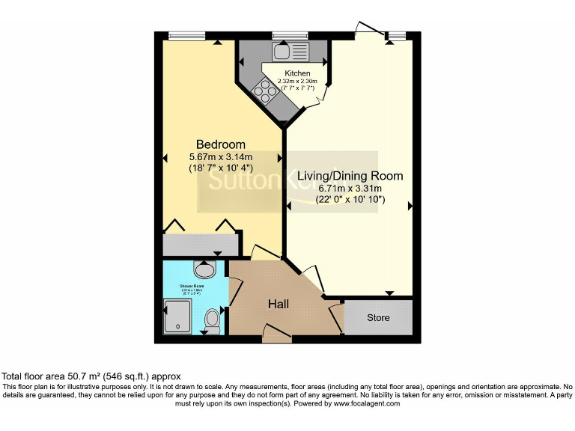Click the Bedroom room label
click(x=220, y=144)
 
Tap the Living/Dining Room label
click(x=350, y=177)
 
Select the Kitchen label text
click(x=297, y=73)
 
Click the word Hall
click(x=279, y=304)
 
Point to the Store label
click(x=378, y=318)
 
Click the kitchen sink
click(x=284, y=51)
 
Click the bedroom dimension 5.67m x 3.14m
click(x=220, y=157)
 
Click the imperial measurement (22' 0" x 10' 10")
click(x=350, y=200)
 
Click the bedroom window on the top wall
click(x=187, y=34)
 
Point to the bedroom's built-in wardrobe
click(x=201, y=244)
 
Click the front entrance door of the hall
click(x=277, y=335)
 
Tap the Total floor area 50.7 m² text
click(x=91, y=376)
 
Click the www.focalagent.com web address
click(x=366, y=403)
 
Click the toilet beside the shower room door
click(x=213, y=320)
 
